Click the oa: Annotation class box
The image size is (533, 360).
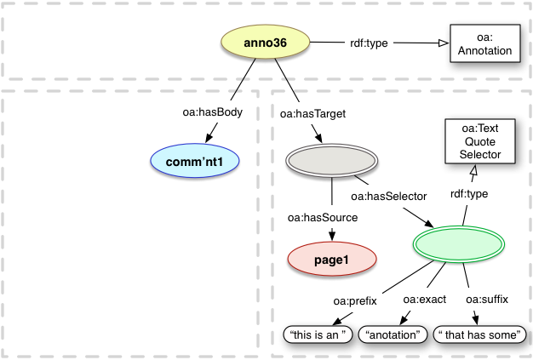click(482, 44)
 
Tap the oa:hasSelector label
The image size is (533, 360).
click(388, 196)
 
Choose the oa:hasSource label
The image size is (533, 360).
click(323, 219)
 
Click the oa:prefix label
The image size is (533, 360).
click(354, 300)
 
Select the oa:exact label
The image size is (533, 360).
click(425, 300)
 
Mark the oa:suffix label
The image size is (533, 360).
click(485, 300)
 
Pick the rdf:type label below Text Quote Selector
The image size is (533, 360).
click(469, 194)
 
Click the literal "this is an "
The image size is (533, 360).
click(319, 335)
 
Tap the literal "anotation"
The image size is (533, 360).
click(393, 335)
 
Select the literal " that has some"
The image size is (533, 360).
click(479, 335)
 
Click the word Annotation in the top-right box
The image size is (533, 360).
click(482, 51)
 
